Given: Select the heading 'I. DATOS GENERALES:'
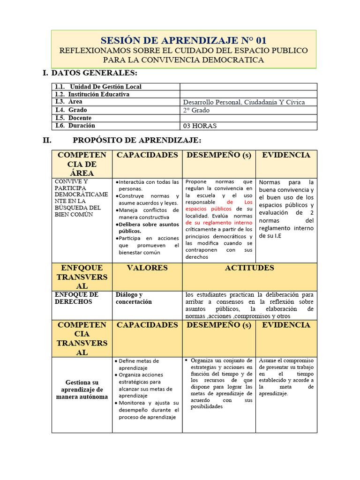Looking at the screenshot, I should [90, 73].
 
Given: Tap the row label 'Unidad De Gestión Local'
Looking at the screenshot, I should [105, 87].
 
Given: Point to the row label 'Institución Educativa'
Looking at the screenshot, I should [99, 94].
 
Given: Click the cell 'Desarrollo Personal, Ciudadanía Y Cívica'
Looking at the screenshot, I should [244, 102].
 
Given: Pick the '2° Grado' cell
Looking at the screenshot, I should [197, 110].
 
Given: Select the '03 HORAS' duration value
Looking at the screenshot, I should [200, 126].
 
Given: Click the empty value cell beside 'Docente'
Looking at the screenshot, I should [248, 118].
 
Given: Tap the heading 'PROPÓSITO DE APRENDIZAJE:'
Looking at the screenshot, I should [137, 140].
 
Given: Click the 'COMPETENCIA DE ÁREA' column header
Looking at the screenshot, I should [82, 164].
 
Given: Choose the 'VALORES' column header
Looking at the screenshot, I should [147, 268].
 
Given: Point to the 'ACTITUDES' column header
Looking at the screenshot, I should [249, 268].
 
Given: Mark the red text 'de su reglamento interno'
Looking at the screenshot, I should [219, 223].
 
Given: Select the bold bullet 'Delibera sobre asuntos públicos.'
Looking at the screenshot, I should [147, 227].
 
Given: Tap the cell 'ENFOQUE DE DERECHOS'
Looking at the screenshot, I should [77, 298].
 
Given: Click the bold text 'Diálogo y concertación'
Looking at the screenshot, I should [134, 298].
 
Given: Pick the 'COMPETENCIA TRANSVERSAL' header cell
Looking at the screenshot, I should [82, 338].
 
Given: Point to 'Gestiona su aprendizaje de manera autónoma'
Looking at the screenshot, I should [82, 390].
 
